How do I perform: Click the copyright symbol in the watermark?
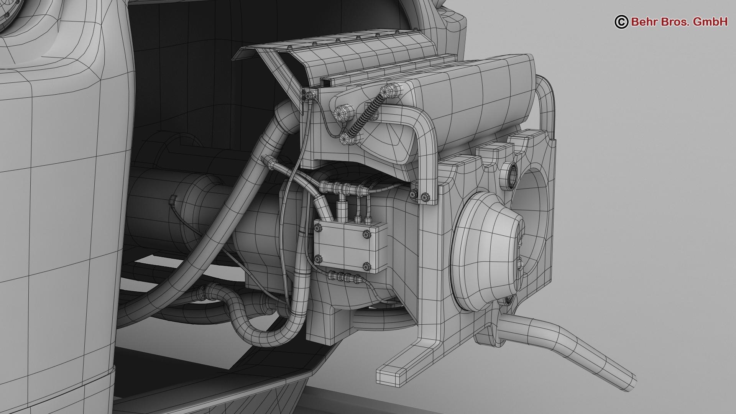click(x=621, y=22)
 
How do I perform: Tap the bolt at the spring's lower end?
click(x=347, y=139)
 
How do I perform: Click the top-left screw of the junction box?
click(x=318, y=229)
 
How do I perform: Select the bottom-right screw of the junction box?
click(x=366, y=266)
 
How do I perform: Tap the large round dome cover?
click(x=487, y=251)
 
